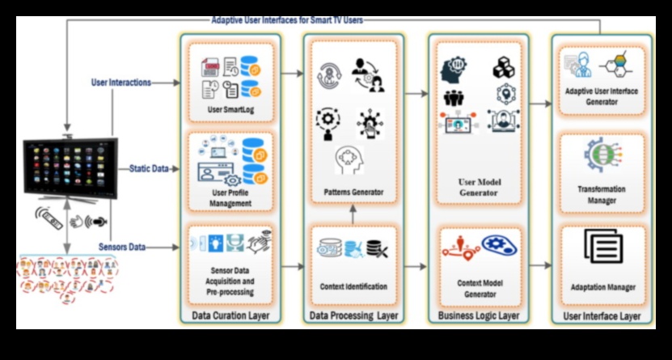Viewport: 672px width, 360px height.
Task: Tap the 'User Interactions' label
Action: (x=121, y=82)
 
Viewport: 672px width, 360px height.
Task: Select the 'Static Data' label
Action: (x=150, y=168)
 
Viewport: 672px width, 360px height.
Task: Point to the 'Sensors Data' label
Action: (x=122, y=246)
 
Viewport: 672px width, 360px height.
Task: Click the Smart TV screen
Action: (x=69, y=167)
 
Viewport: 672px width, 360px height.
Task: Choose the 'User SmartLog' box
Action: (x=229, y=82)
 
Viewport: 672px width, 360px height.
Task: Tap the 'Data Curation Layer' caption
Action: (x=229, y=315)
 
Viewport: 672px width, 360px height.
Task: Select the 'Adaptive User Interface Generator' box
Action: (x=602, y=82)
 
